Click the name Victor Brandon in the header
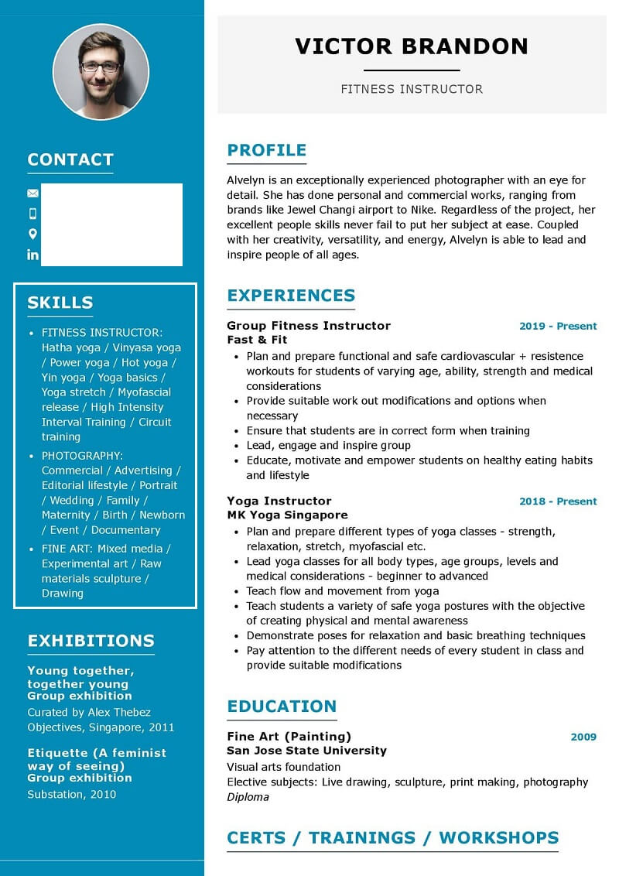coord(411,46)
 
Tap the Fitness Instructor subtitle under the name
coord(412,89)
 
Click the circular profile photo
coord(101,71)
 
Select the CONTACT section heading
coord(70,160)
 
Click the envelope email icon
coord(32,193)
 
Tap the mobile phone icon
coord(32,214)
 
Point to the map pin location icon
coord(32,234)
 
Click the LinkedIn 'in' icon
coord(32,255)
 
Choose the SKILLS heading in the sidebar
coord(60,303)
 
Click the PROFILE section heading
coord(267,150)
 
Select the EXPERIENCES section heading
coord(291,295)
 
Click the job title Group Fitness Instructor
coord(309,326)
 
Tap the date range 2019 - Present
coord(558,326)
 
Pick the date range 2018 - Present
coord(558,501)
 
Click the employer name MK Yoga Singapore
coord(287,515)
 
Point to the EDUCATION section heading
coord(282,706)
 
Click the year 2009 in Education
coord(583,737)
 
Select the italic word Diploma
coord(248,797)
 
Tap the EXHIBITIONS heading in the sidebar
coord(91,641)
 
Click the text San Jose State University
coord(306,751)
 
